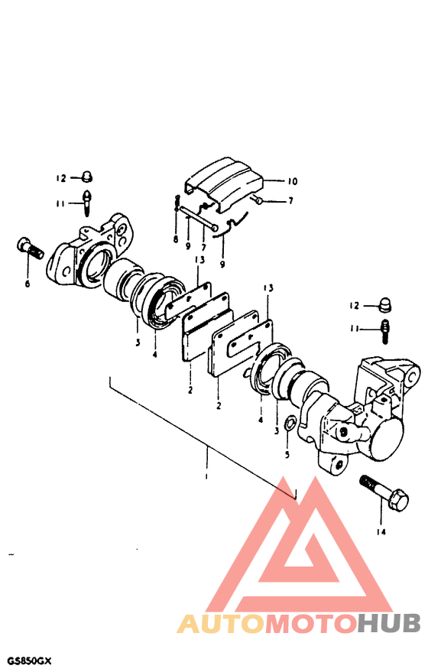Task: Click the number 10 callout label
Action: coord(292,181)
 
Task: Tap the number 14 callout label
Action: coord(381,532)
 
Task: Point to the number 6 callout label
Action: coord(28,284)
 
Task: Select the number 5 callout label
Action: coord(287,454)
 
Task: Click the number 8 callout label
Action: coord(176,239)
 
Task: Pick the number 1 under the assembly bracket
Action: coord(206,476)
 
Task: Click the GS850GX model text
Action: coord(26,661)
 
